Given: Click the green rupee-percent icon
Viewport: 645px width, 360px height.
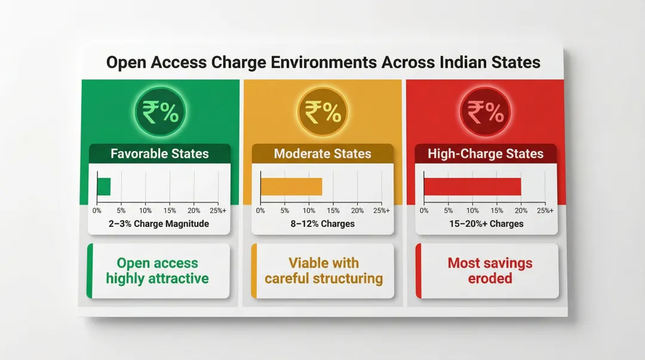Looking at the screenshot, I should tap(160, 112).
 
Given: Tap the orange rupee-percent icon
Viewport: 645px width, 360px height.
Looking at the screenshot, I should tap(323, 112).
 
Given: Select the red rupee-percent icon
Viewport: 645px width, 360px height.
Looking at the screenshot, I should tap(486, 112).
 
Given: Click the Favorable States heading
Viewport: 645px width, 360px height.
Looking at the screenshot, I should tap(159, 153).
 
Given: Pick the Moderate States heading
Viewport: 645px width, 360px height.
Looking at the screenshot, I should tap(322, 153).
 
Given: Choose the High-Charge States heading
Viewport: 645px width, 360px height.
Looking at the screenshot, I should tap(486, 153).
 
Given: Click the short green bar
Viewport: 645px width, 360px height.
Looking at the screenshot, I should tap(104, 186).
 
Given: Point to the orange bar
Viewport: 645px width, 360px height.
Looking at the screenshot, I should tap(291, 186).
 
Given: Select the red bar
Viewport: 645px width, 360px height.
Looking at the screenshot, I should tap(472, 186).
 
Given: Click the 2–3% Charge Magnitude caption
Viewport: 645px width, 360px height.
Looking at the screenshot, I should tap(159, 224).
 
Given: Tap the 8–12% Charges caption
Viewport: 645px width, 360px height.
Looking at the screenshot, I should tap(322, 224).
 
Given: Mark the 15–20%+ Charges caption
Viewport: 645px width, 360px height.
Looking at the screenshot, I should tap(486, 224).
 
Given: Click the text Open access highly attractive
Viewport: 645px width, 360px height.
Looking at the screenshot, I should tap(158, 270).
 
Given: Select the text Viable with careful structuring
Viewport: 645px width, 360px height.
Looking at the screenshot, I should tap(324, 270).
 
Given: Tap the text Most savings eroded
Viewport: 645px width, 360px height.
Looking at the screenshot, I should tap(490, 270).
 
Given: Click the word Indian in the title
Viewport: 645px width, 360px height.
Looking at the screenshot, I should tap(461, 62).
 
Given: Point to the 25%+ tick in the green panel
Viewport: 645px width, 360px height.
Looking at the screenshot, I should tap(218, 211).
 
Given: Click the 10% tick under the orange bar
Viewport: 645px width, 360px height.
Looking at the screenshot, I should tap(309, 211).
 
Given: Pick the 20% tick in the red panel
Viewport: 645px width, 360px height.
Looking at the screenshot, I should tap(521, 211).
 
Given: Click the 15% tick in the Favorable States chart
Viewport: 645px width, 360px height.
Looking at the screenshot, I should tap(170, 211).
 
